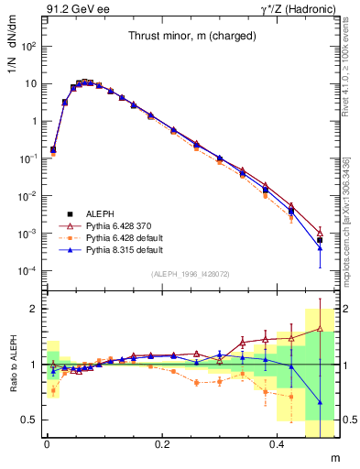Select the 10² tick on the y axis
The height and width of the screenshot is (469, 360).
tap(30, 46)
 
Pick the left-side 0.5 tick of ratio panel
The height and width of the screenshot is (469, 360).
tap(32, 420)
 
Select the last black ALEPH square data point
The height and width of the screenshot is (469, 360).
tap(320, 240)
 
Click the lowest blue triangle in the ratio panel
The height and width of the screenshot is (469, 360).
tap(320, 402)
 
